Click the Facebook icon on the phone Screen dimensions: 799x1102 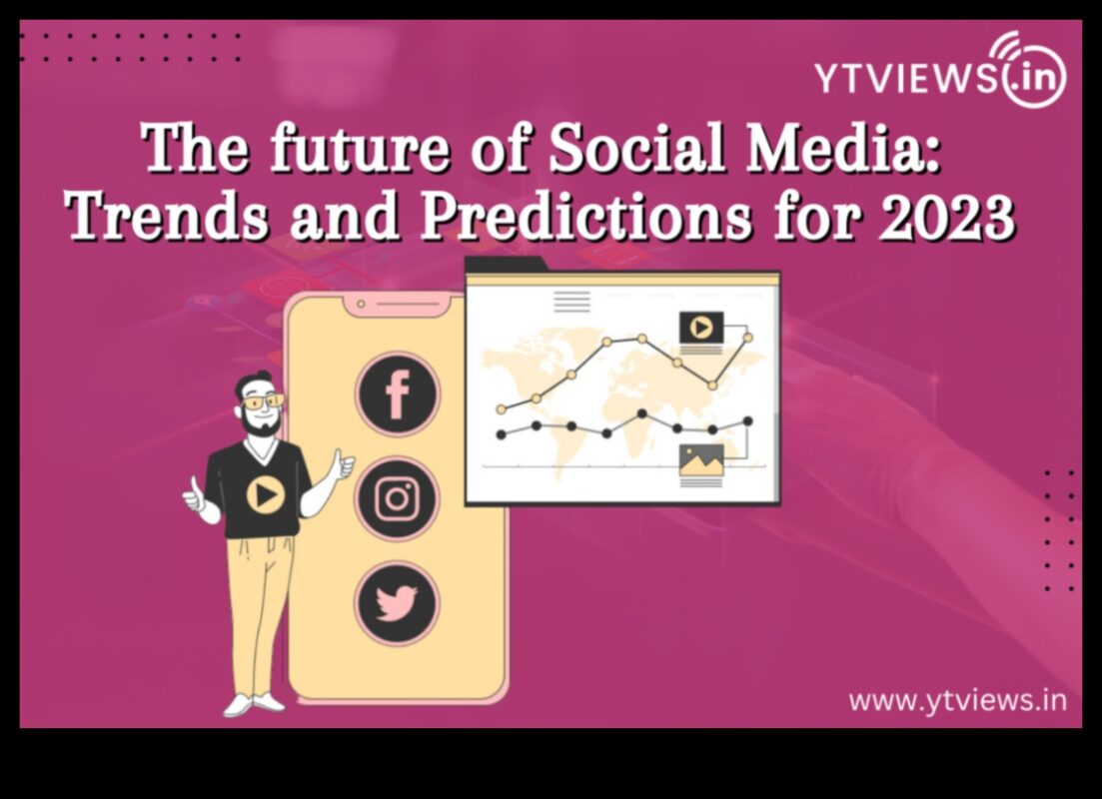(x=397, y=394)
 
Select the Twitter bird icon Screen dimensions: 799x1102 (x=397, y=603)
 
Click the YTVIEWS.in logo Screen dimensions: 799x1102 (x=940, y=74)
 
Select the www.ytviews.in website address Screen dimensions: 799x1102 (x=957, y=700)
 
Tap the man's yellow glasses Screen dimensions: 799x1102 (x=262, y=401)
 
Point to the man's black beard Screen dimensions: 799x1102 (x=260, y=423)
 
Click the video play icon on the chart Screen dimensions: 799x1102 (x=701, y=327)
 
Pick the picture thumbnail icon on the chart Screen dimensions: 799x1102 (x=701, y=459)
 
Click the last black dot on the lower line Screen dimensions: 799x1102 (x=747, y=421)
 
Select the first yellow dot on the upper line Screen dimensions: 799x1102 (x=502, y=408)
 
